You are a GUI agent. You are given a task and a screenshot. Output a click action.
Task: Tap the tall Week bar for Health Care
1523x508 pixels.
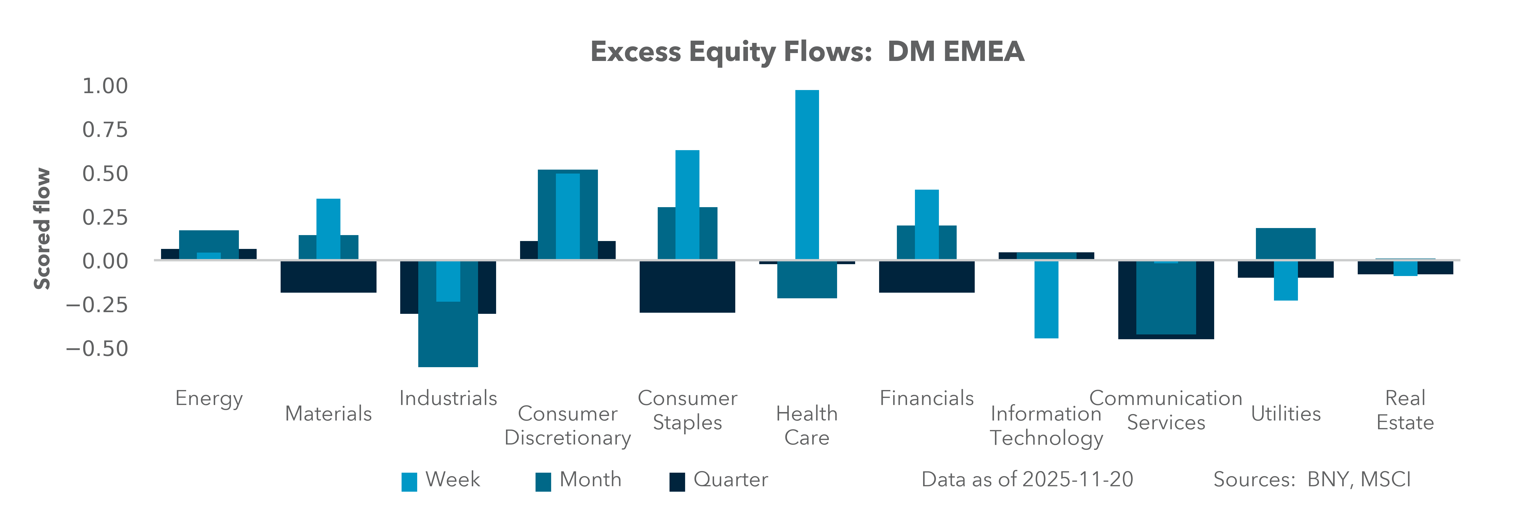coord(807,174)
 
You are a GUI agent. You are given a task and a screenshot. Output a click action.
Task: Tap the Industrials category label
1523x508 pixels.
coord(448,398)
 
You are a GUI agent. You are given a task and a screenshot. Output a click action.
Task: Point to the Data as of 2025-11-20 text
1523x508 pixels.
coord(1027,479)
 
